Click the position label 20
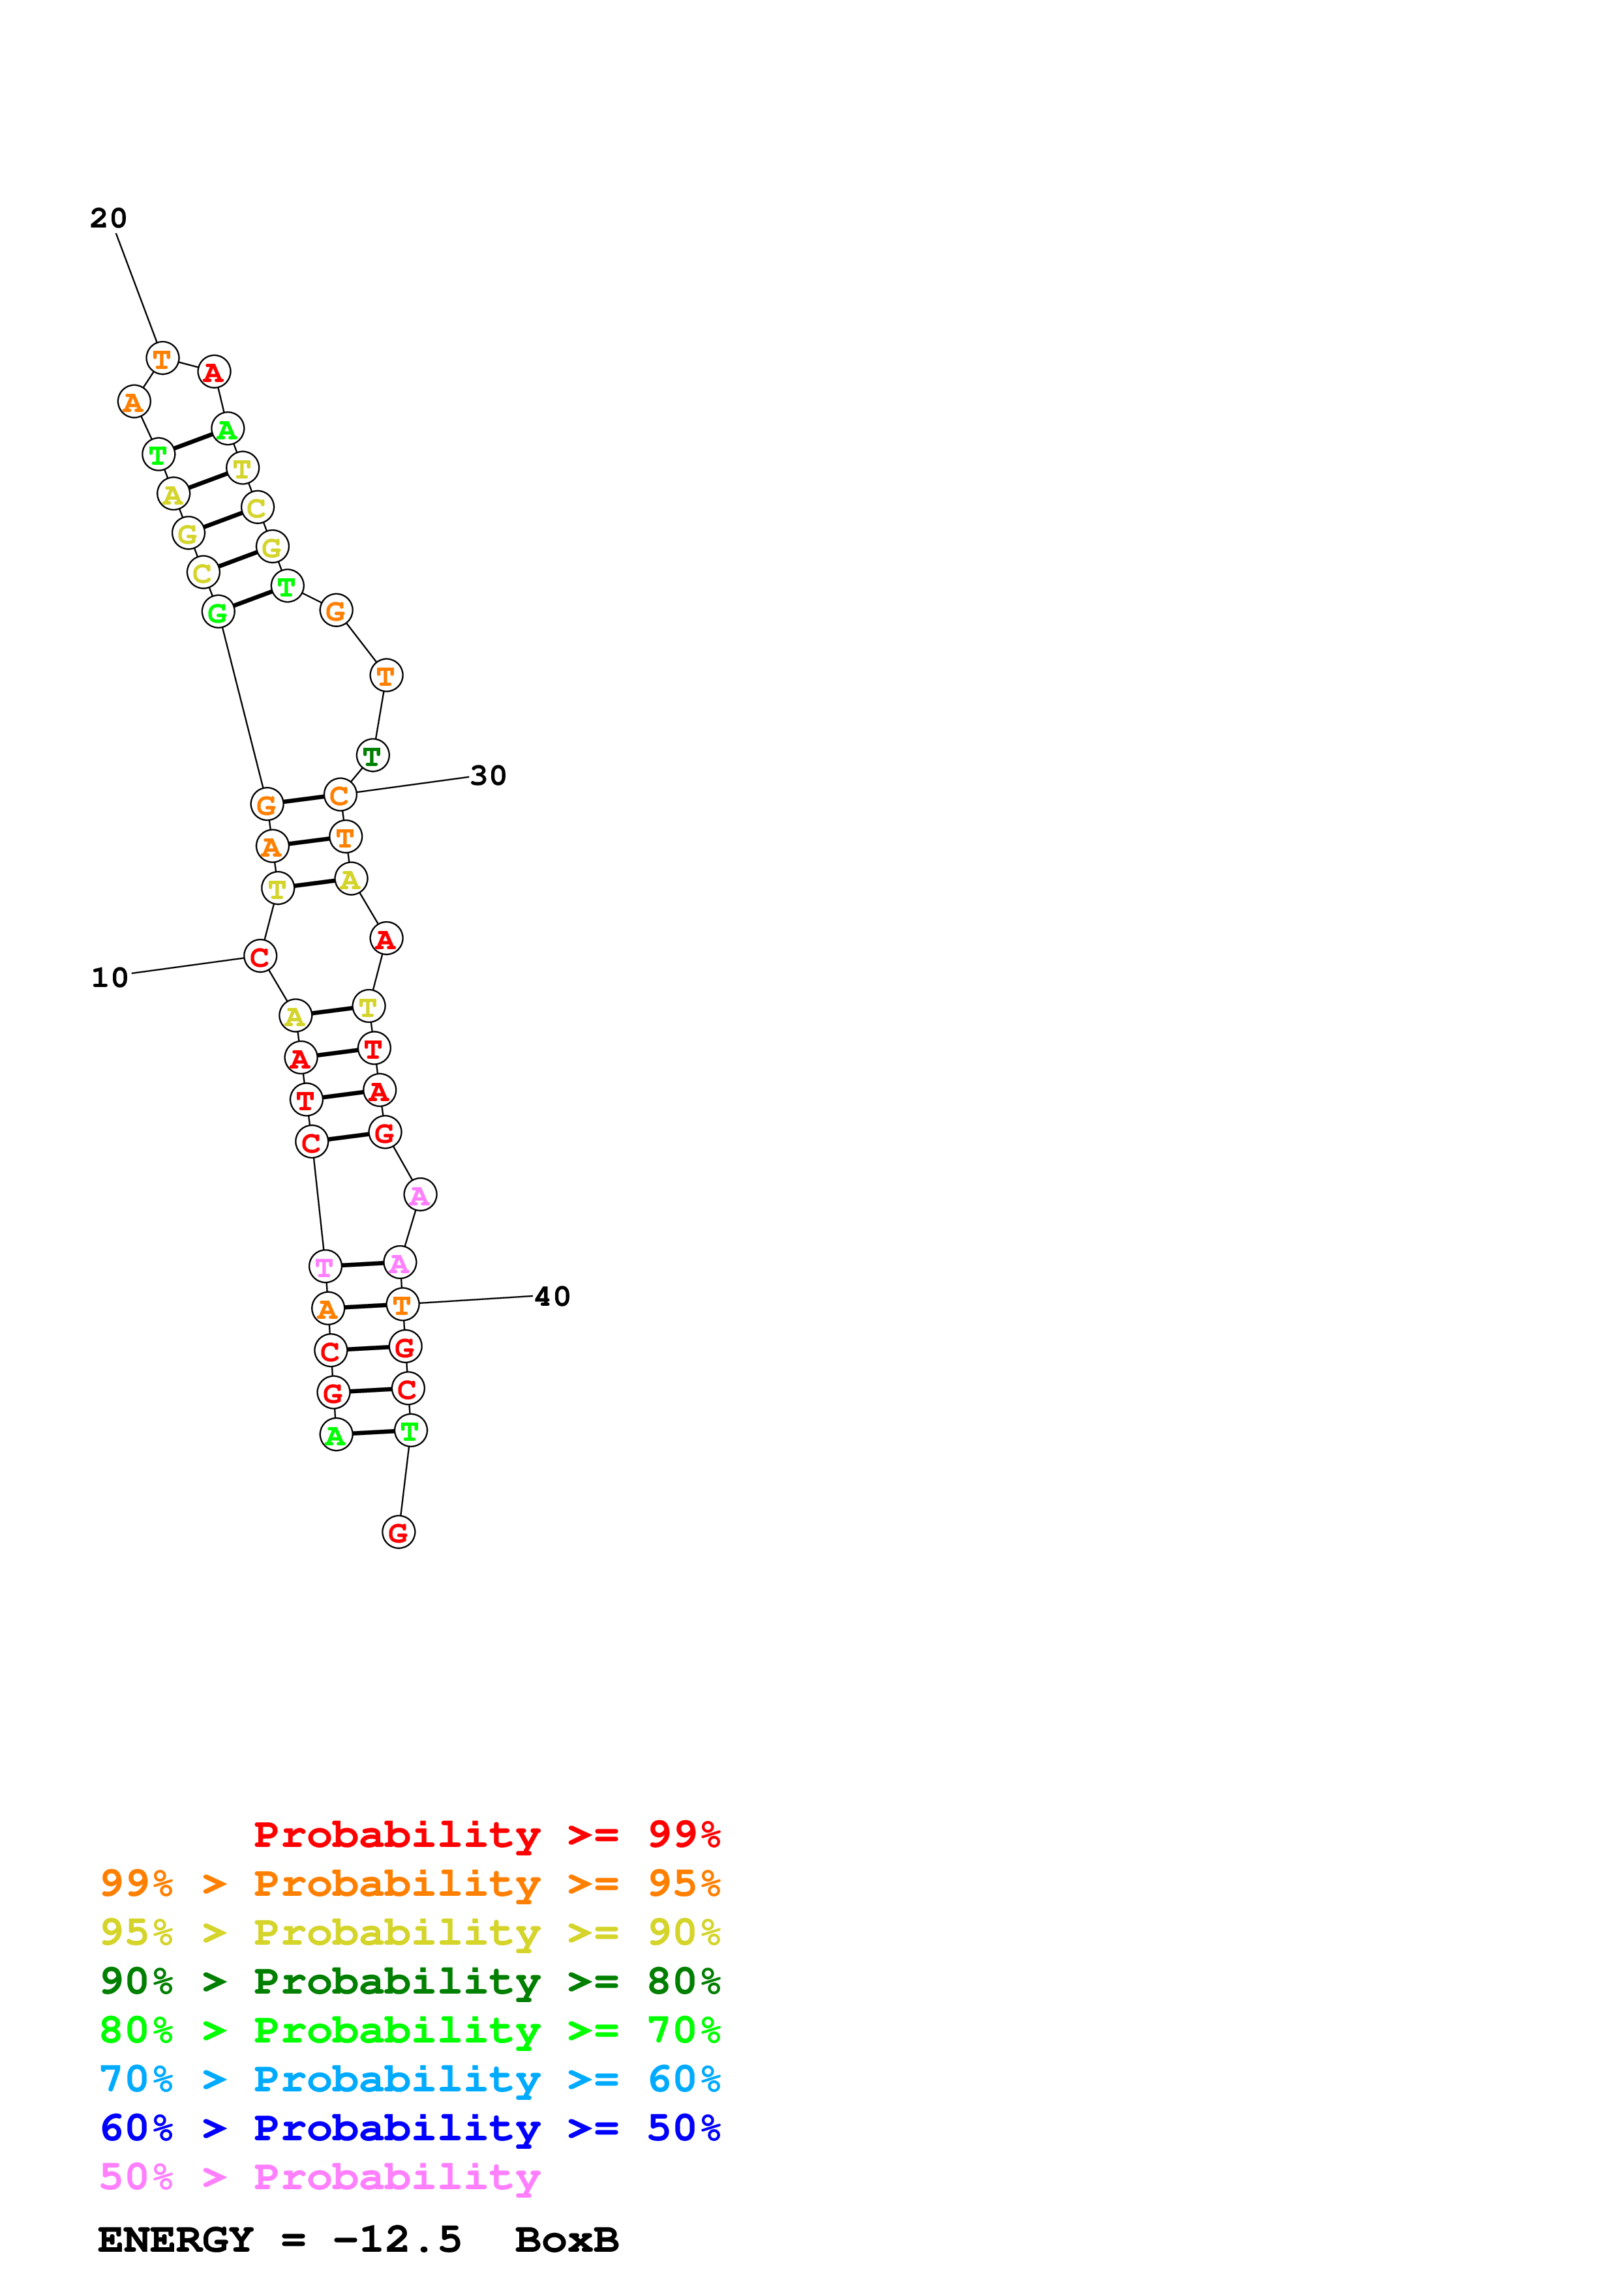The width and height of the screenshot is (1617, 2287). [x=108, y=218]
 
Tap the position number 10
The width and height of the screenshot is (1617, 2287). [x=110, y=977]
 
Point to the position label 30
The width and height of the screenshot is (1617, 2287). [x=488, y=775]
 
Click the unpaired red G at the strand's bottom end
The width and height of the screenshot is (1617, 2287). [x=399, y=1532]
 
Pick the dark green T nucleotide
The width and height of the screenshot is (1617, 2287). [x=372, y=756]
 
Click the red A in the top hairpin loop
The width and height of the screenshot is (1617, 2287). [x=213, y=372]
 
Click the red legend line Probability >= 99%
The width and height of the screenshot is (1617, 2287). [x=486, y=1834]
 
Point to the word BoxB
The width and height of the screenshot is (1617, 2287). [x=567, y=2239]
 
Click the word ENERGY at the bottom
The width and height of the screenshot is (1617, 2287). [x=175, y=2239]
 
